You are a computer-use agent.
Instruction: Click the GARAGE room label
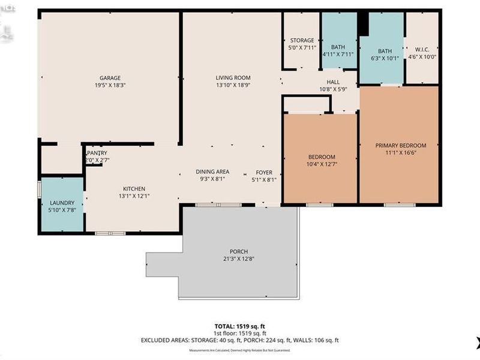tap(110, 78)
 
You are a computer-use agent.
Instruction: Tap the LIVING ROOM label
tap(233, 78)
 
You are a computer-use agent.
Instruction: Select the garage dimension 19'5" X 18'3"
tap(110, 85)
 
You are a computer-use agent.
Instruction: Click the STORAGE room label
tap(302, 41)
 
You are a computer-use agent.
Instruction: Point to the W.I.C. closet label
tap(423, 50)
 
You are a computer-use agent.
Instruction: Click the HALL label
tap(333, 82)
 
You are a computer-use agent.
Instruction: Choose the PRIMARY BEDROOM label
tap(401, 146)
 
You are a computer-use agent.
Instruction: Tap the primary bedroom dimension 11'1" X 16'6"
tap(401, 153)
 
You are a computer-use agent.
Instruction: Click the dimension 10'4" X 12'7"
tap(320, 164)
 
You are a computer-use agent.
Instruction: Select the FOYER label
tap(264, 172)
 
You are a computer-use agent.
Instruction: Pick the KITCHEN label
tap(134, 188)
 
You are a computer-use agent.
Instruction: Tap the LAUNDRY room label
tap(62, 203)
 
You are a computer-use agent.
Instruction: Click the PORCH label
tap(238, 251)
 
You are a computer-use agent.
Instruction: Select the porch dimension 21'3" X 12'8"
tap(238, 259)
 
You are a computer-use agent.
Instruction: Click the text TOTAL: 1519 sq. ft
tap(239, 326)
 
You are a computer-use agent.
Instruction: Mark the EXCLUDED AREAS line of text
tap(239, 340)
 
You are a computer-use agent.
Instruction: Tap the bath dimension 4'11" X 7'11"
tap(338, 54)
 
